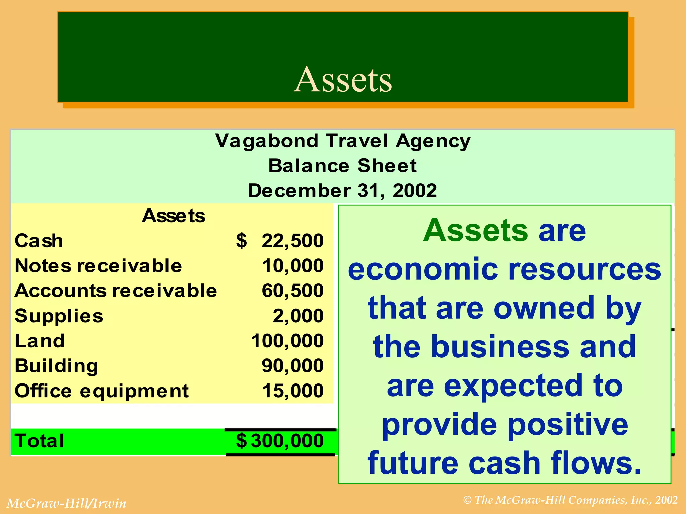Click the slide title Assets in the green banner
343,79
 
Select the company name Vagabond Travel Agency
343,141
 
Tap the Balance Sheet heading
343,166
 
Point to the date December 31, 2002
343,191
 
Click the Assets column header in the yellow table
173,216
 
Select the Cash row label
39,241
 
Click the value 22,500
292,241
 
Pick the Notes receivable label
98,266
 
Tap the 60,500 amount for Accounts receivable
292,291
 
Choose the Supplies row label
59,316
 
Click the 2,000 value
298,316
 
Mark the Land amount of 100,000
287,341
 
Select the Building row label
57,366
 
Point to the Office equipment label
101,391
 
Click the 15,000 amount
292,391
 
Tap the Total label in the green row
40,441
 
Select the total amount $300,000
280,441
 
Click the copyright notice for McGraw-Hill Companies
570,500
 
